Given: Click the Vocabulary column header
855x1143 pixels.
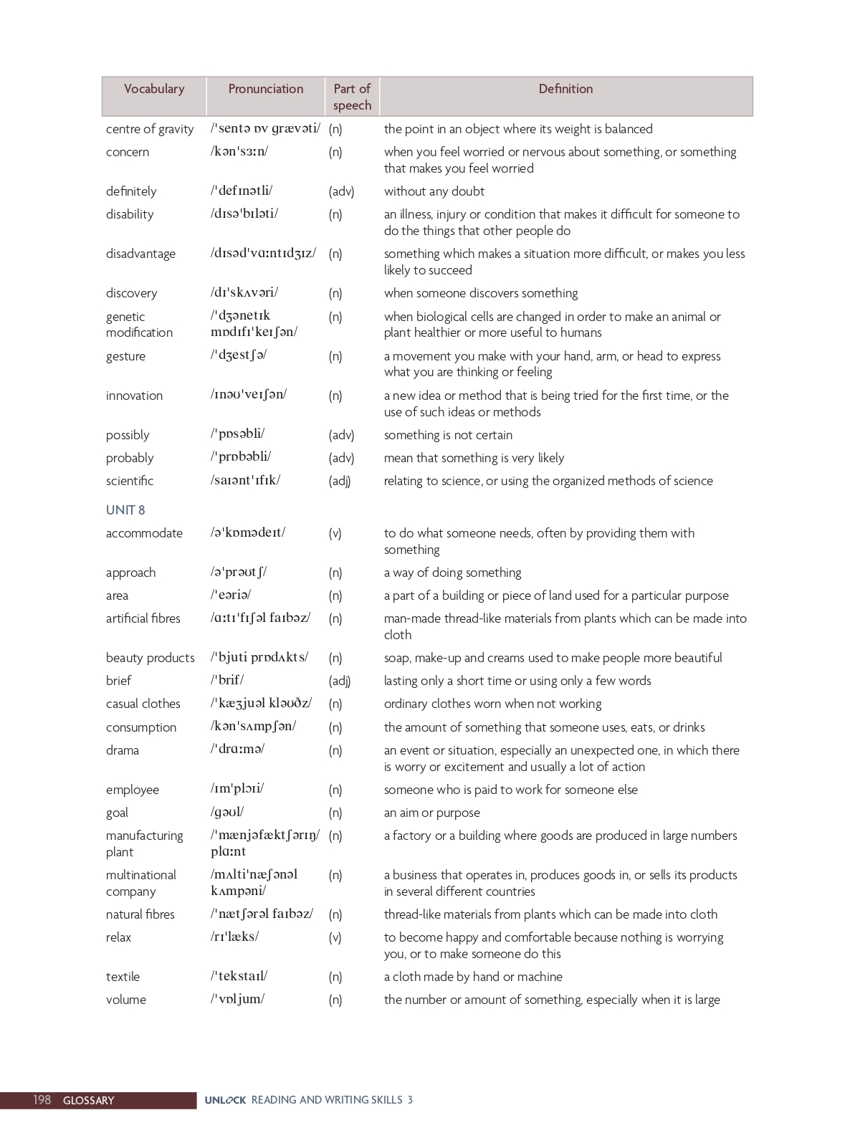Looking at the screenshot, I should point(154,89).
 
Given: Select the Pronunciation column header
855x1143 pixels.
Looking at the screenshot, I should point(265,89).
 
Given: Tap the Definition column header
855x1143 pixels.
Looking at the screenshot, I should point(565,89).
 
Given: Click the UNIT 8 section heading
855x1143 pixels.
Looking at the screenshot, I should point(125,510).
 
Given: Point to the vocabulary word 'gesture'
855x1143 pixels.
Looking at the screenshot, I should point(125,356).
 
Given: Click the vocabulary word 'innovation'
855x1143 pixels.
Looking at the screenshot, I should point(134,396).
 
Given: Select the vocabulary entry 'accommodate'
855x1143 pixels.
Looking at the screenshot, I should point(144,533).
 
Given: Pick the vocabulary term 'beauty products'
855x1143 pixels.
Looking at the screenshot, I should point(150,658).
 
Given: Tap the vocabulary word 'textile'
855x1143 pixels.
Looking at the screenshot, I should point(123,977).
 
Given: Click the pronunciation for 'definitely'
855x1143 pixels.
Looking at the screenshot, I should point(242,191).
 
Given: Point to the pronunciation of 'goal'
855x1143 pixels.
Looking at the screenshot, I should point(227,812).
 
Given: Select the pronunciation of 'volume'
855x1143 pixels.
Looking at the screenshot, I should point(237,999).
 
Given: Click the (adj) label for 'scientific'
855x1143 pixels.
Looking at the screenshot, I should point(340,481).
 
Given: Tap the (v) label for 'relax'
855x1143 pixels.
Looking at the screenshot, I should point(335,937).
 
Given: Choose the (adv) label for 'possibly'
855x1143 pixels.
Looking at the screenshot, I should point(341,435).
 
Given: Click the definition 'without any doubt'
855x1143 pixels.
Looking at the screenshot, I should point(434,191).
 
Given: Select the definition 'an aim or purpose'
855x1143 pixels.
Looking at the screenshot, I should point(431,813).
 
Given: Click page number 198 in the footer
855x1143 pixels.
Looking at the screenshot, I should point(42,1100).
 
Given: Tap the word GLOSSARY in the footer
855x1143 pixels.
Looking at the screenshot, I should point(88,1101).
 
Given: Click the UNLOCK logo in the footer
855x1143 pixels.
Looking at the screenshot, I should point(225,1100).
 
